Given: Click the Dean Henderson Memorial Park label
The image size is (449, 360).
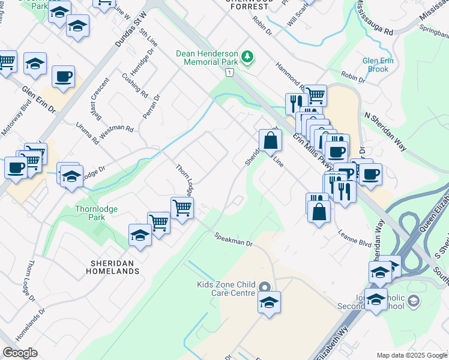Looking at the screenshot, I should coord(207,58).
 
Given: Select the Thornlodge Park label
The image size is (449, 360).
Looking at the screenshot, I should coord(96,213).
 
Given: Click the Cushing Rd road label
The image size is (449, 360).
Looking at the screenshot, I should coord(135,85).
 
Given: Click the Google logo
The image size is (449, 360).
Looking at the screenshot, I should coord(19,353).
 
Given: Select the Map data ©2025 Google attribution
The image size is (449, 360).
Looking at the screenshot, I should coord(412,355).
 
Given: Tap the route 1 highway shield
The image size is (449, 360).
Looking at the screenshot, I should coord(229,72).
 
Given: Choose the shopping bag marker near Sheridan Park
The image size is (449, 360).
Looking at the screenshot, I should coord(271,141).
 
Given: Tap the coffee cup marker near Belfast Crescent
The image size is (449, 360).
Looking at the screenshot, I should coord(63,76).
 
